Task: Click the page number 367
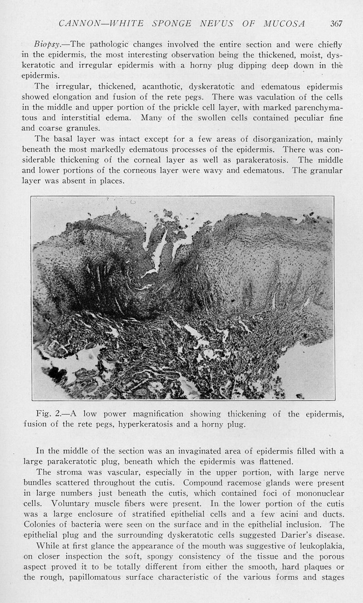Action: pos(336,23)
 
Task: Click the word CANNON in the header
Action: pos(74,23)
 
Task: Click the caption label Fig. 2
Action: pos(48,414)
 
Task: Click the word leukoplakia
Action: pos(321,546)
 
